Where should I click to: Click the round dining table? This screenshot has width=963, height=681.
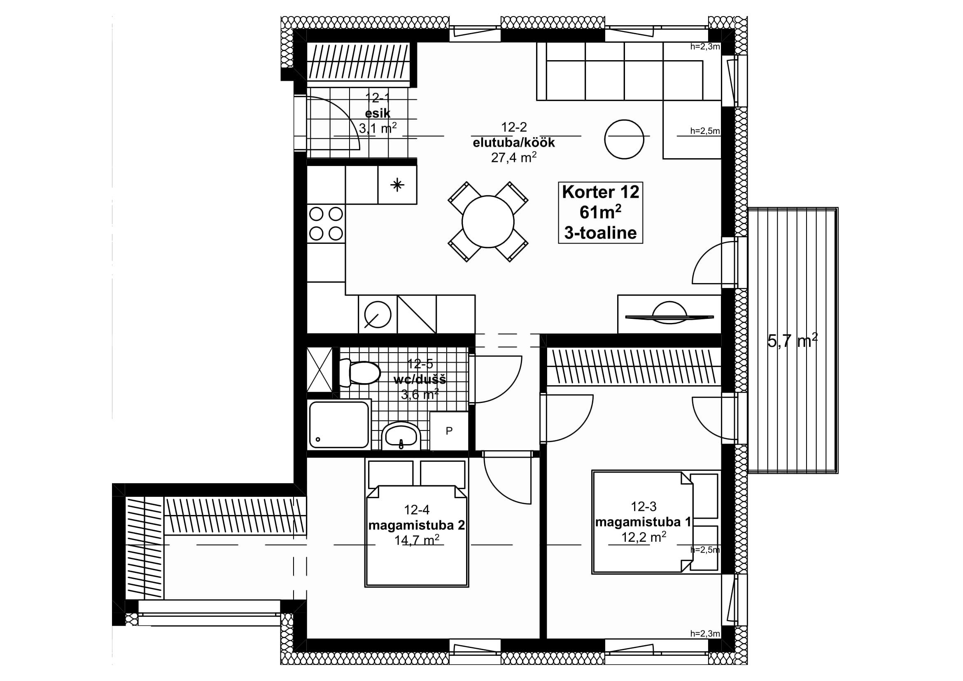click(488, 222)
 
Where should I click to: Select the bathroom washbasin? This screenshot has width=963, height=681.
click(401, 435)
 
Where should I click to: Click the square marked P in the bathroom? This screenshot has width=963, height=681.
click(449, 431)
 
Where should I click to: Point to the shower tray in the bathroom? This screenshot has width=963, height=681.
click(339, 424)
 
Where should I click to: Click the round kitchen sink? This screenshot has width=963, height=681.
click(378, 314)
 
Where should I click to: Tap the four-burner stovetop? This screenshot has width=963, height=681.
click(326, 224)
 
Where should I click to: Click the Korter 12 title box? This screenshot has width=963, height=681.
click(600, 213)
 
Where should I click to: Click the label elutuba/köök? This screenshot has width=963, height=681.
click(514, 143)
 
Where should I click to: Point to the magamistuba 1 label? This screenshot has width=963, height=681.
click(643, 522)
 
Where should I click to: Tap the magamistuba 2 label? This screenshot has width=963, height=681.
click(417, 525)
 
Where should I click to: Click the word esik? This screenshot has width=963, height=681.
click(378, 113)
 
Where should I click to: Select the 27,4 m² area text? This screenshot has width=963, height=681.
click(514, 157)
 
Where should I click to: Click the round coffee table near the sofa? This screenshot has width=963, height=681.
click(624, 139)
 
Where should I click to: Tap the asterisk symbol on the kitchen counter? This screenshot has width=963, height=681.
click(397, 185)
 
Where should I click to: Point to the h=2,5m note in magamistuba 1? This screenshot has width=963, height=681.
click(705, 550)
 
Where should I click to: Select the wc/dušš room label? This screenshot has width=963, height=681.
click(420, 380)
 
